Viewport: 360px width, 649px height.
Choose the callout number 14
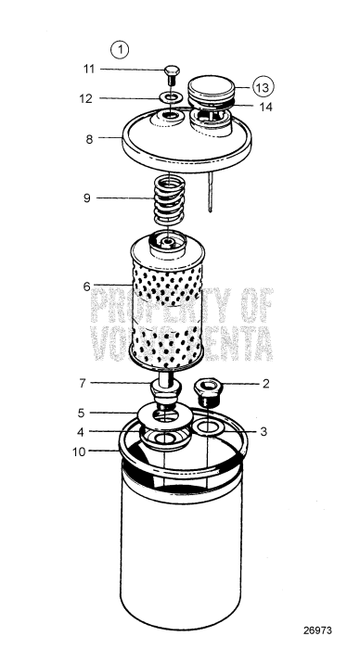(265, 108)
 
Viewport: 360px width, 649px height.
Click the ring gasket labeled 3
(209, 427)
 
